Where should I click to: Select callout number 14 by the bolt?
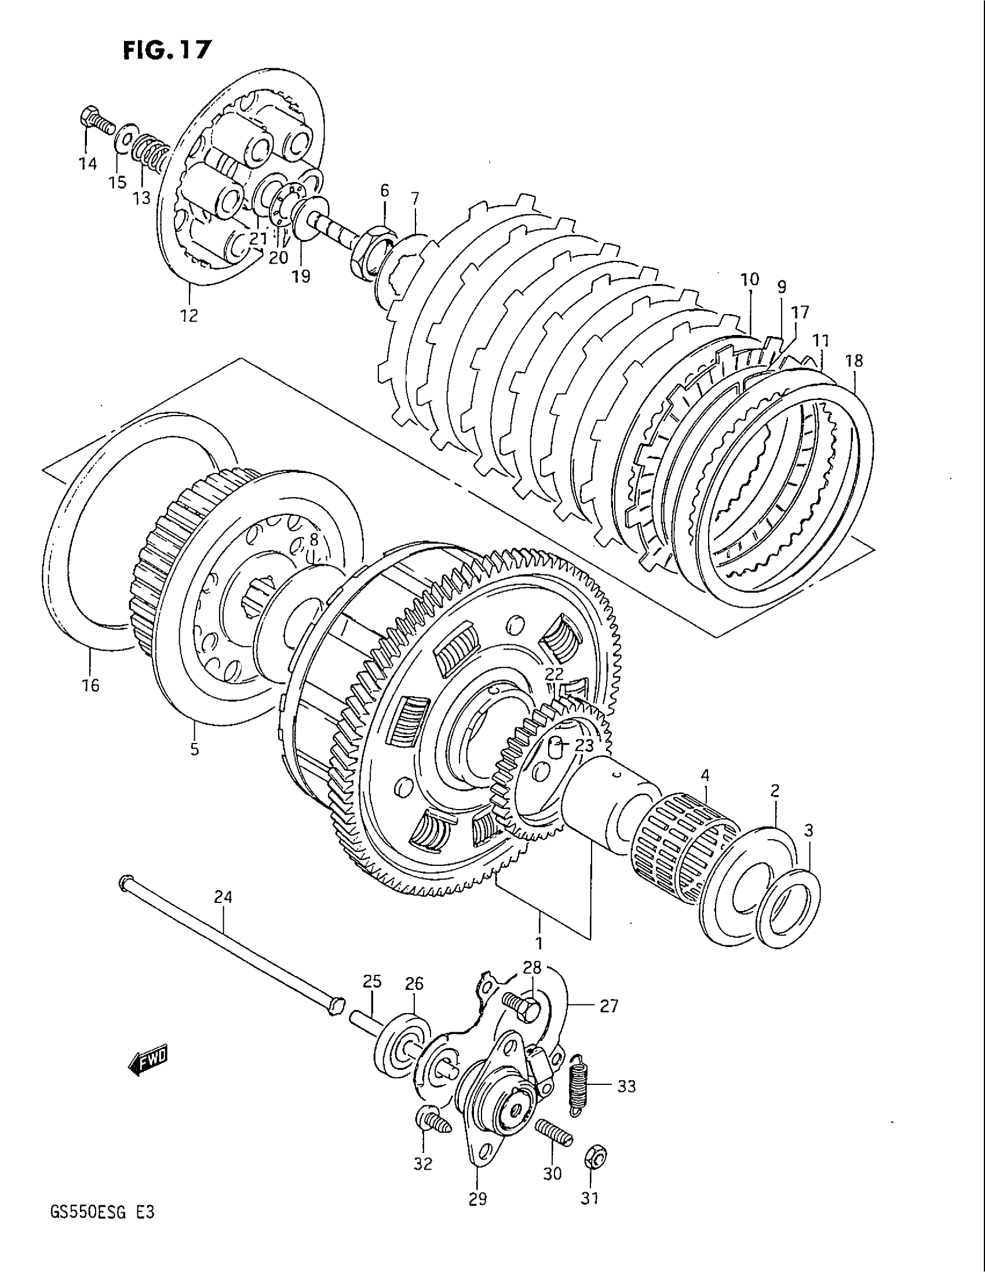point(87,165)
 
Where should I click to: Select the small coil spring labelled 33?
point(579,1084)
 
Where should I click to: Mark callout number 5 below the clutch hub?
point(194,749)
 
